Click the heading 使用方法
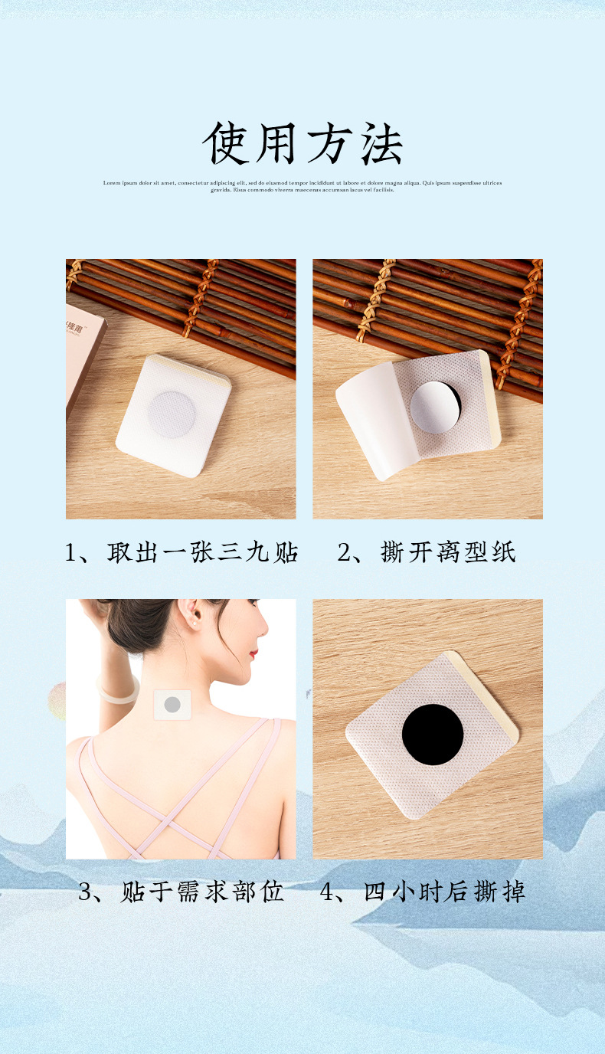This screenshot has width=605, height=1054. point(302,143)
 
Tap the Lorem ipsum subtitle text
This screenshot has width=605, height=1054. point(302,186)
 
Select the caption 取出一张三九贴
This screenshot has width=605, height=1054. point(202,552)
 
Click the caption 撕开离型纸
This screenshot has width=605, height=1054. point(448,552)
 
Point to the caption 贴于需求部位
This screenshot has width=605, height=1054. point(202,892)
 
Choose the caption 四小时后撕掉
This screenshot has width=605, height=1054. point(444,892)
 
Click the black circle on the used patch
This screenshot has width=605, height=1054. point(433,735)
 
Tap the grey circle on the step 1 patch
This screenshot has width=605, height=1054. point(172,414)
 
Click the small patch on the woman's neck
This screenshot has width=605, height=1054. point(172,705)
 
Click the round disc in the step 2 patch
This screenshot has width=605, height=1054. point(434,408)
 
